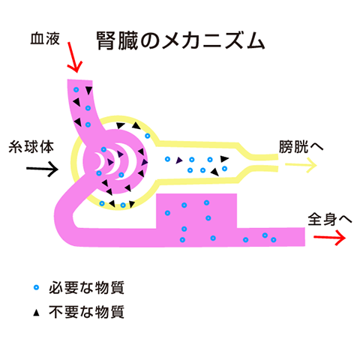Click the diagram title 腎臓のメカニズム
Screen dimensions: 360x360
click(x=181, y=40)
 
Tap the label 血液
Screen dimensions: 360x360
click(x=45, y=39)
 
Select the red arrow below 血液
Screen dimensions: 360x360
click(x=74, y=57)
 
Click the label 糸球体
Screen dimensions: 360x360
click(x=31, y=147)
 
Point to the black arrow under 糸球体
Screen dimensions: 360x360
click(x=43, y=169)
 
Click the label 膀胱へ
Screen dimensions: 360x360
click(x=301, y=146)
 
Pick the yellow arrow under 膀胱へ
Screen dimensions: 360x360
click(x=301, y=165)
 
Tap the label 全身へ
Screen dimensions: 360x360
click(x=330, y=219)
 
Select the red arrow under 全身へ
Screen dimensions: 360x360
click(x=330, y=237)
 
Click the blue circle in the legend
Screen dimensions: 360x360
click(x=37, y=287)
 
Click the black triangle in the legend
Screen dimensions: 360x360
click(x=37, y=313)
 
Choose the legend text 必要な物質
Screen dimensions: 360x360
click(x=86, y=288)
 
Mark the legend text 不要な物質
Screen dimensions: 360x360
click(x=86, y=312)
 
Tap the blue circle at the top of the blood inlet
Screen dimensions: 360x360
click(x=76, y=90)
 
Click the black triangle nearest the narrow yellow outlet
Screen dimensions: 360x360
click(x=224, y=159)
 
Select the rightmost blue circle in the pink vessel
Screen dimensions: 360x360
click(x=274, y=240)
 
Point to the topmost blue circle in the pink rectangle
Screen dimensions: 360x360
click(x=206, y=202)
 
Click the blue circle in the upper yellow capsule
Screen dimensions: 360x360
click(x=148, y=136)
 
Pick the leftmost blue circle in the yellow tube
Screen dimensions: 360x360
click(x=167, y=159)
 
